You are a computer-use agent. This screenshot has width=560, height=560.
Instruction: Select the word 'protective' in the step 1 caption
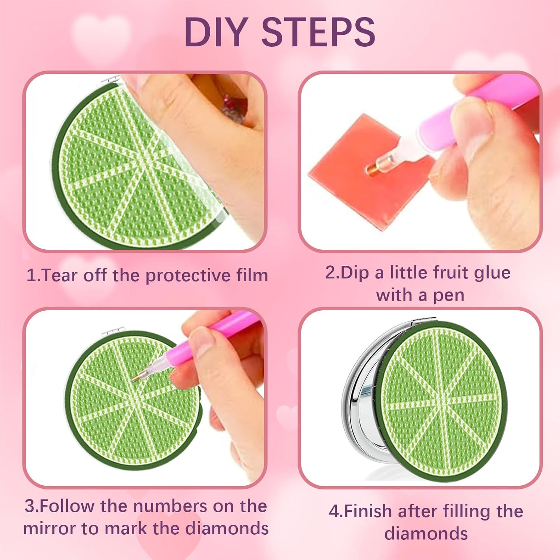click(188, 276)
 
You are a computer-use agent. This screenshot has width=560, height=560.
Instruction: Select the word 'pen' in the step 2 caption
click(448, 295)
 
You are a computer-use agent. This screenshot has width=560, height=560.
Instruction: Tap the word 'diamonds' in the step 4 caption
click(426, 533)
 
